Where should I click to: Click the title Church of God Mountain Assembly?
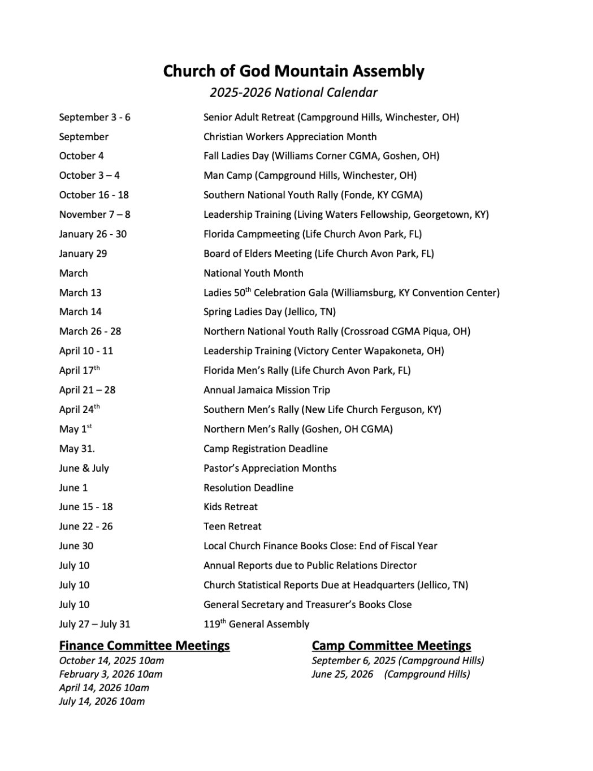tap(293, 71)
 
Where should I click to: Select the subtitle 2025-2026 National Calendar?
tap(293, 92)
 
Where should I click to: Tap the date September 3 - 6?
tap(94, 117)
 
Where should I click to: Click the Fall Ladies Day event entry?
tap(321, 156)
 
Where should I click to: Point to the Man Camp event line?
tap(310, 175)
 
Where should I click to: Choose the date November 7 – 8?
tap(94, 214)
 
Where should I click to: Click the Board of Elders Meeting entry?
tap(318, 253)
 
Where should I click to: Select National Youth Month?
tap(253, 273)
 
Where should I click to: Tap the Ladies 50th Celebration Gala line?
tap(351, 292)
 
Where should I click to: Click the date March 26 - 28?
tap(90, 331)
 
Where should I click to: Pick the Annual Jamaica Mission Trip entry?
tap(266, 390)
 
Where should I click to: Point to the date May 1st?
tap(75, 429)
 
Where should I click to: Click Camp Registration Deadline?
tap(265, 449)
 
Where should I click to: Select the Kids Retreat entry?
tap(230, 507)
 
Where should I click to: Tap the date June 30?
tap(76, 546)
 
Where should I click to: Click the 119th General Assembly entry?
tap(256, 624)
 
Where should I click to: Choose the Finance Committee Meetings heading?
tap(144, 645)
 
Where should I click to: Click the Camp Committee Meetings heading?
tap(391, 645)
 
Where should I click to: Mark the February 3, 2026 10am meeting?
tap(110, 674)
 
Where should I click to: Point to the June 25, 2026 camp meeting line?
tap(391, 674)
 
